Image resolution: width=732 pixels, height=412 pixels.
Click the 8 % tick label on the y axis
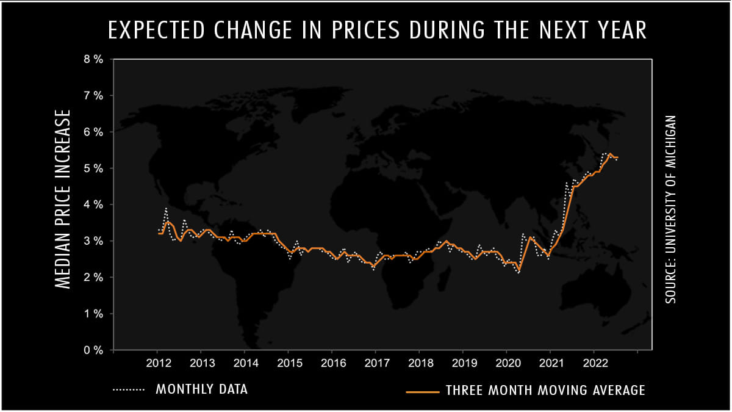click(93, 59)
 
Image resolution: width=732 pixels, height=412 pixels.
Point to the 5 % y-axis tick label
click(93, 168)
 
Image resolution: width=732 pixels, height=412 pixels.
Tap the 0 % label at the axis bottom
click(93, 350)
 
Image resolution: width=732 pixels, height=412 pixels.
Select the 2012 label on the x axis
click(157, 363)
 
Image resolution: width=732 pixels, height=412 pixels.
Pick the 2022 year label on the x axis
click(594, 363)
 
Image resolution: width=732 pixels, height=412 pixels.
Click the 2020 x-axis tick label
click(506, 363)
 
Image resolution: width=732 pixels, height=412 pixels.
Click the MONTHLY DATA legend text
click(202, 389)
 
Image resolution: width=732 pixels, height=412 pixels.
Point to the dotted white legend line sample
click(129, 389)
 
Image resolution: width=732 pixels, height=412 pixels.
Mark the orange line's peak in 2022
click(610, 154)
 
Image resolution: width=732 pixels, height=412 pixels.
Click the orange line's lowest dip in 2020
click(519, 270)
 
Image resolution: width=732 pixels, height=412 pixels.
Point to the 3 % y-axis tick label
click(93, 241)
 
